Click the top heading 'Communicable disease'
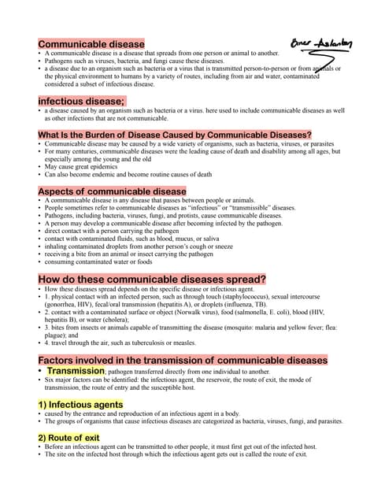(91, 43)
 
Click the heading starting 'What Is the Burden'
(175, 135)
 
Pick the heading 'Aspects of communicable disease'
(112, 191)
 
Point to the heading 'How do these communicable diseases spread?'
(152, 279)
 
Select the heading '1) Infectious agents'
(80, 404)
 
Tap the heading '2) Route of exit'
(69, 437)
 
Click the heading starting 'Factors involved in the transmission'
(183, 360)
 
